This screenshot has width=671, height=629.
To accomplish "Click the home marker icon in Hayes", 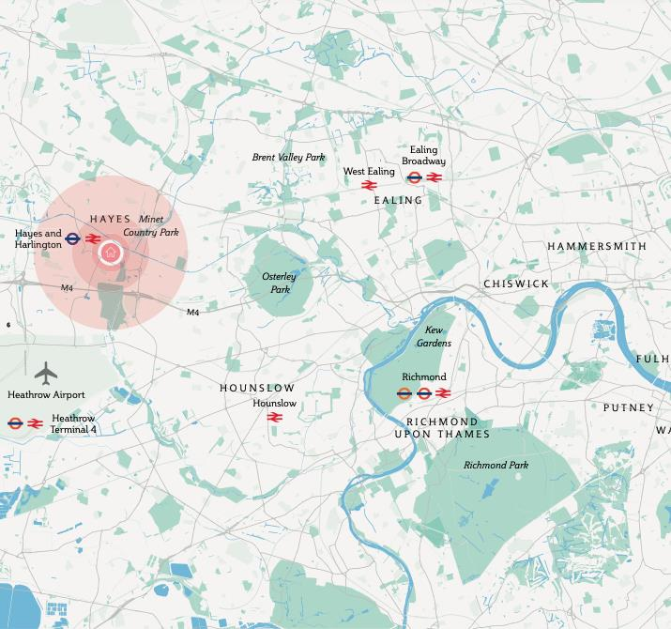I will coord(111,253).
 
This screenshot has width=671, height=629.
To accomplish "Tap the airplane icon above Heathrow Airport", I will coord(45,373).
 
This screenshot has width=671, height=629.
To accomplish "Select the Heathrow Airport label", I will coord(46,395).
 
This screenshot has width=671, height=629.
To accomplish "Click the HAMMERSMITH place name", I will coord(597,246).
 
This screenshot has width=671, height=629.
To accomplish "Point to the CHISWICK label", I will coord(516,284).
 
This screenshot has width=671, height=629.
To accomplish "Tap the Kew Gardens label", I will coord(437,337).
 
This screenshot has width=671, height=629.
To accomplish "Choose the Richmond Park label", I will coord(496,465).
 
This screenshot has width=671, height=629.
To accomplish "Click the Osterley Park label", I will coord(279,283).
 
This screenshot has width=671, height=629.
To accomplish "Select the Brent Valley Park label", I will coord(288,158).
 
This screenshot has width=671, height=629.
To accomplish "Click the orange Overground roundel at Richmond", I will coord(404,393).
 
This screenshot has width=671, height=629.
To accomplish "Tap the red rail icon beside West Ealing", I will coord(368,185).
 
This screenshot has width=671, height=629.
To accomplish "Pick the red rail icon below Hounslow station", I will coord(275,418).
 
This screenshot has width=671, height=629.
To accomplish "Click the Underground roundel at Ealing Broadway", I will coord(414,177).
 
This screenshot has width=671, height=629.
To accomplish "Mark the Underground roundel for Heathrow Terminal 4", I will coord(15,423).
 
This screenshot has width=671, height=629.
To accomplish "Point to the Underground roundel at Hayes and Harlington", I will coord(73,239).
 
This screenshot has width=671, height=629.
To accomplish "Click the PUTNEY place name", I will coord(628,407).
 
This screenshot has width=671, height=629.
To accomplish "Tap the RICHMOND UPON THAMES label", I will coord(441,428).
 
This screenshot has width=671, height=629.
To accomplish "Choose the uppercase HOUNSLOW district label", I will coord(257,388).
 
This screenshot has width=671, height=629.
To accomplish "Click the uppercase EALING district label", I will coord(398,200).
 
